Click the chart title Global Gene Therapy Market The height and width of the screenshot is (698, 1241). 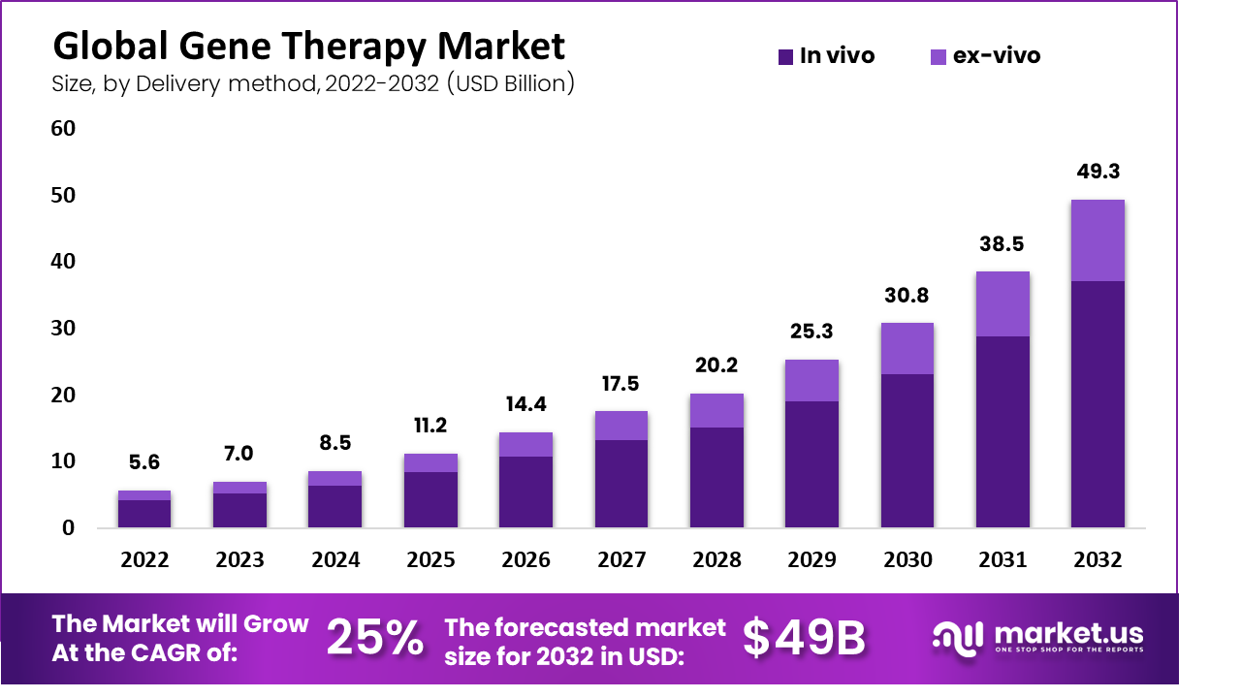point(308,47)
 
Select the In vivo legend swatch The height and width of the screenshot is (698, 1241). point(785,57)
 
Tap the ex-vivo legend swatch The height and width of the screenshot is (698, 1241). point(939,57)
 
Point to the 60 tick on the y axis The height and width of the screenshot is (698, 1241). point(62,129)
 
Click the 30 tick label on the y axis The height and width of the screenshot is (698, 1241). point(62,329)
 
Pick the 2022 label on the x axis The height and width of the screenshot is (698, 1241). point(144,560)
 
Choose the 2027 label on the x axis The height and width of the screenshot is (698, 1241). point(620,560)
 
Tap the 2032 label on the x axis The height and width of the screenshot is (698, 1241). point(1098,560)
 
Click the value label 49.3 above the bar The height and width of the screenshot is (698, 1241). point(1098,172)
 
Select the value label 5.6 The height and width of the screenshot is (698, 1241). point(144,462)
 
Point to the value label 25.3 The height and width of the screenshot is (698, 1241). point(811,333)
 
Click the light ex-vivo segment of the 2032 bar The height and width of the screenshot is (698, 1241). point(1098,240)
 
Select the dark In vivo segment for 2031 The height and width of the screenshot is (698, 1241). point(1002,431)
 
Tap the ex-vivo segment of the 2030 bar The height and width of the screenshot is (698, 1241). point(907,348)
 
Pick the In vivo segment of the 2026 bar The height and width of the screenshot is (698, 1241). point(525,492)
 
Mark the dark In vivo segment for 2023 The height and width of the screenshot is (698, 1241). point(239,510)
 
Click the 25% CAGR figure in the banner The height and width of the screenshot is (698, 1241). point(374,638)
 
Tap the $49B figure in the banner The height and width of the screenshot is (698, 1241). point(804,638)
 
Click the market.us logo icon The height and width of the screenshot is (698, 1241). point(957,637)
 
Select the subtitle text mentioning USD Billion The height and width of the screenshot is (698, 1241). point(313,84)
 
